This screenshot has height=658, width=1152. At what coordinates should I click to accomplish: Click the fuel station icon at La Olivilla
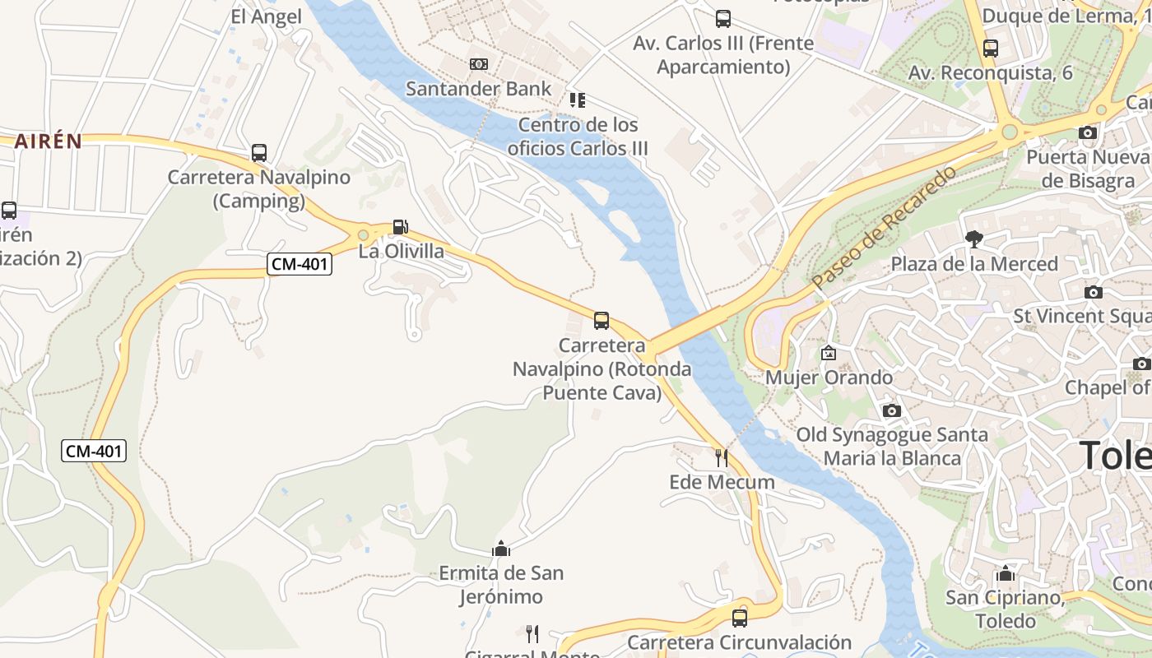(400, 226)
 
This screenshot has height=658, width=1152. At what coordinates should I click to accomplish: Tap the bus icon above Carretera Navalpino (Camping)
(259, 152)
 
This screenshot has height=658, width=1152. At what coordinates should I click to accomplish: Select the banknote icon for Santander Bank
(479, 64)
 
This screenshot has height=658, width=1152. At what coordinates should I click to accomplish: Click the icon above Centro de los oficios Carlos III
(578, 100)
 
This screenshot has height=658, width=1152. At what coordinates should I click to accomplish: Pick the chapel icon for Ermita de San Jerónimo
(500, 549)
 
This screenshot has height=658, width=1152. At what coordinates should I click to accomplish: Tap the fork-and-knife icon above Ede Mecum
(722, 457)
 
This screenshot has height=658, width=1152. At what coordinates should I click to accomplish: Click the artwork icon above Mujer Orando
(829, 353)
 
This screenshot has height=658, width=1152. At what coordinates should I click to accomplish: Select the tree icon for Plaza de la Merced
(974, 239)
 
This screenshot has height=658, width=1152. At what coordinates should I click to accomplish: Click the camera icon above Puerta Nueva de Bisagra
(1088, 132)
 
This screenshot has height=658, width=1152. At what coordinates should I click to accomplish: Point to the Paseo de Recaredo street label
(885, 227)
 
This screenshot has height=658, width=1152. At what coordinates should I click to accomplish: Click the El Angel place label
(267, 16)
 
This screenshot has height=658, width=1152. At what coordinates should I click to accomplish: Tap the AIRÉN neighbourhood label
(48, 141)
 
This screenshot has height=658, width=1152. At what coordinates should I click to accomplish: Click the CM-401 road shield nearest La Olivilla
(300, 264)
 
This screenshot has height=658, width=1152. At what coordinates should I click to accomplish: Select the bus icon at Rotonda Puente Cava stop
(602, 320)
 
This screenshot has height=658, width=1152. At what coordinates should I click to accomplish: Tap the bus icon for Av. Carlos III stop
(722, 18)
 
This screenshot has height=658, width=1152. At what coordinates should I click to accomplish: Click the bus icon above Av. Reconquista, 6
(991, 48)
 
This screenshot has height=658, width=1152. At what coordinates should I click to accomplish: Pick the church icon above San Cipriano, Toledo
(1005, 573)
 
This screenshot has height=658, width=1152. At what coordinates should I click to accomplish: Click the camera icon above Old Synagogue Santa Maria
(891, 410)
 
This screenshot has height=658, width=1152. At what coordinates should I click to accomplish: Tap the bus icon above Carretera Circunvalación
(740, 618)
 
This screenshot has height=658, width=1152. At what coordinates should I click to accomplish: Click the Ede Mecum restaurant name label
(722, 482)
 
